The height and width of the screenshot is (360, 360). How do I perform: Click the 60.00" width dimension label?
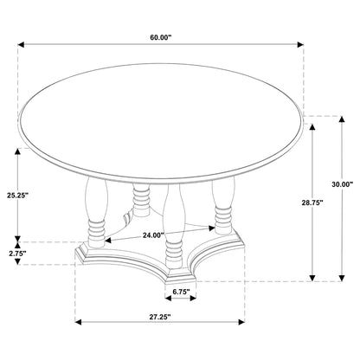coord(162,37)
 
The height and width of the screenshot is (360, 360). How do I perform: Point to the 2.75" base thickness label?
coord(17,254)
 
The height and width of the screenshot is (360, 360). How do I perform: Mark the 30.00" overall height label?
coord(344,184)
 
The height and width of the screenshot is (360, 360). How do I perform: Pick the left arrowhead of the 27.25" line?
coord(79,320)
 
